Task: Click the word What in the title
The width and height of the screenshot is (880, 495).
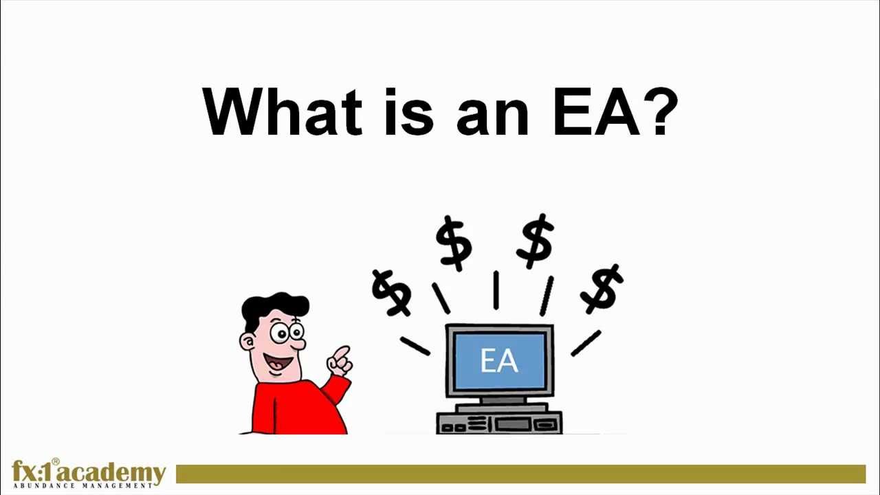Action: [x=282, y=112]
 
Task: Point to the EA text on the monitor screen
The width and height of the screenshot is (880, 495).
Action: [x=499, y=361]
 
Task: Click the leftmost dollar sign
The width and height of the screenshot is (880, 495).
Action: [x=392, y=292]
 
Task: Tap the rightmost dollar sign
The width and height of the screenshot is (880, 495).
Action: [x=602, y=287]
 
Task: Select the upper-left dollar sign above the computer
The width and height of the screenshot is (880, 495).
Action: [x=454, y=242]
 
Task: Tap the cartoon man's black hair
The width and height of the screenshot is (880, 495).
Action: [x=275, y=306]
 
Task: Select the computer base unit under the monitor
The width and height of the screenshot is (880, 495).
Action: [x=499, y=420]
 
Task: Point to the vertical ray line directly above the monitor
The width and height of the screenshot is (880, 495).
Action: [x=496, y=289]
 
